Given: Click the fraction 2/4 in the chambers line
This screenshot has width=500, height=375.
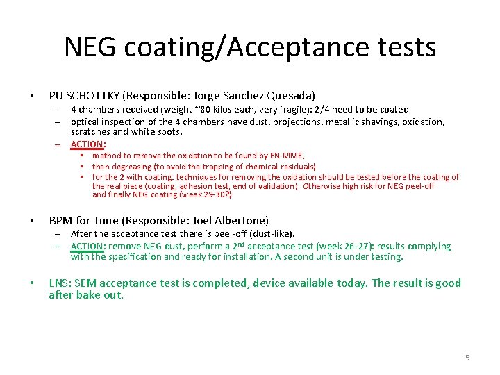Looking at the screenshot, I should click(x=323, y=110).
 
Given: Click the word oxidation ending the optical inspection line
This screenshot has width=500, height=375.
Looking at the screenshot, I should click(x=423, y=122).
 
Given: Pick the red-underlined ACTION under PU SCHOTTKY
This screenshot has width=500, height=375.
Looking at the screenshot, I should click(x=87, y=144).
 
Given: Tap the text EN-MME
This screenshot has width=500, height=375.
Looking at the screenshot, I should click(x=287, y=156).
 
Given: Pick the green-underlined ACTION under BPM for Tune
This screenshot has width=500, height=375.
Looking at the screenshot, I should click(x=87, y=247).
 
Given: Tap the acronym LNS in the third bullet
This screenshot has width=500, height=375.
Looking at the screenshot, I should click(x=59, y=283).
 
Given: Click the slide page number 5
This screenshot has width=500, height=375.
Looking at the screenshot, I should click(x=467, y=358).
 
